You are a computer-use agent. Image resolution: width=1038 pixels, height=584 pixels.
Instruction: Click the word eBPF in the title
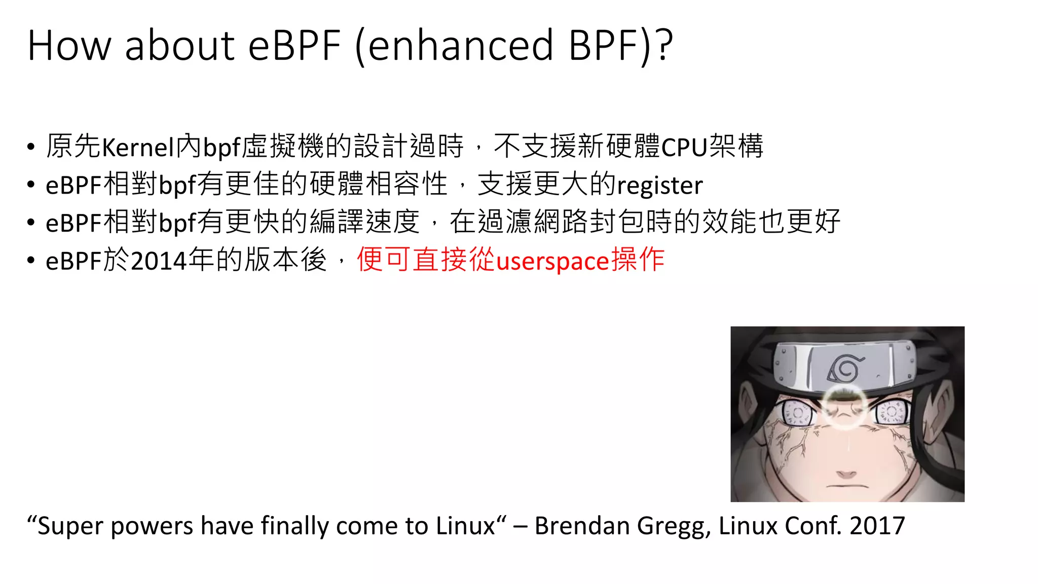click(x=294, y=46)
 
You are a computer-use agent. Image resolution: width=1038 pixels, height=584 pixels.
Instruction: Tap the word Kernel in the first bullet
click(x=138, y=148)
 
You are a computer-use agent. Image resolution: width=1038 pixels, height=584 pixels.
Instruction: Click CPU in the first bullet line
click(x=685, y=148)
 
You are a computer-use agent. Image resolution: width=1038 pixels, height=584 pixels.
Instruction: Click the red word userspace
click(x=552, y=262)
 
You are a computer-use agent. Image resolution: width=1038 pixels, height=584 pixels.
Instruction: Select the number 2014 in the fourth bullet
click(x=159, y=262)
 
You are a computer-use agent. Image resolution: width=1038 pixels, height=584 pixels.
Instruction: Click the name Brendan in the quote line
click(x=582, y=526)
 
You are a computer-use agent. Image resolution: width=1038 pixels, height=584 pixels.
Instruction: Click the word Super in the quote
click(x=70, y=526)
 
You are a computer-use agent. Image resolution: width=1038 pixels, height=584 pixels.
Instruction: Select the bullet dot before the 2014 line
click(x=31, y=262)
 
